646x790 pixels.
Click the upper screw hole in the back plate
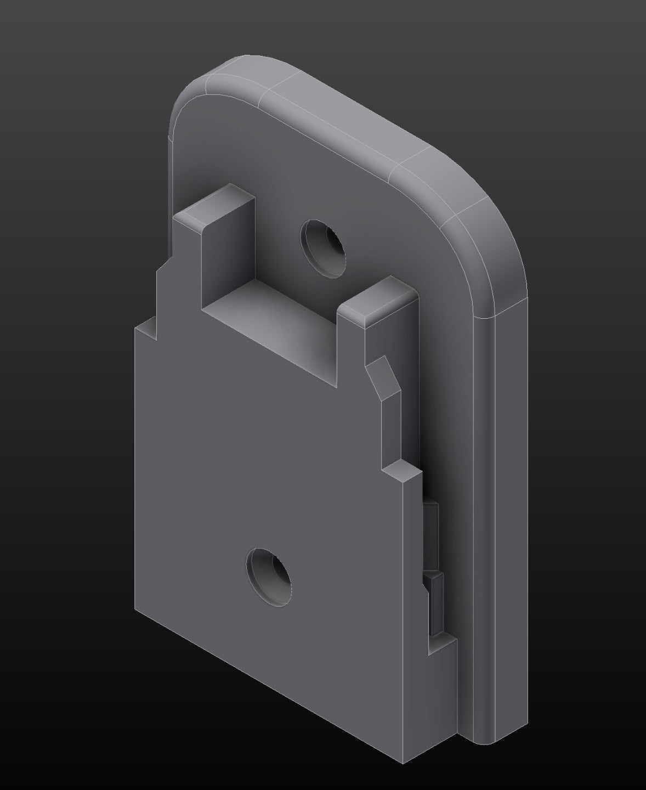click(324, 248)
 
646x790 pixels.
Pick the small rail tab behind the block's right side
click(433, 527)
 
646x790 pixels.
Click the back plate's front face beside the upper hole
click(384, 230)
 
